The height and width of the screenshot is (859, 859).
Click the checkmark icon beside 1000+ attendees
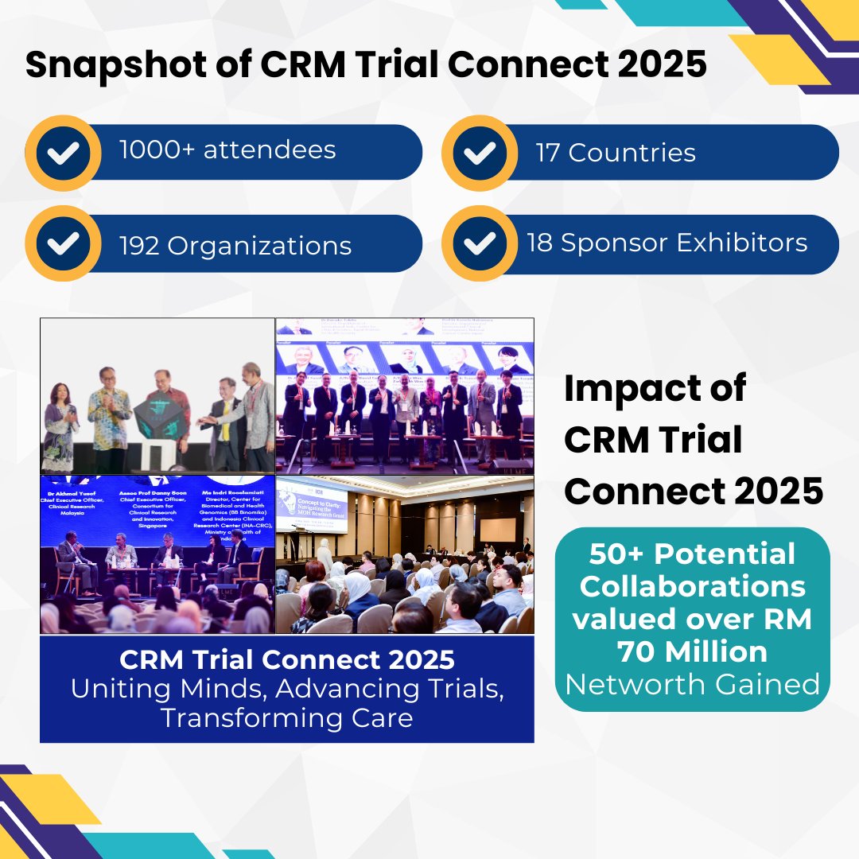pyautogui.click(x=63, y=153)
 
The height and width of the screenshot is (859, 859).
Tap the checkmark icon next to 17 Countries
pyautogui.click(x=480, y=153)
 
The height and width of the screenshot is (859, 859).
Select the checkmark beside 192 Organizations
pyautogui.click(x=63, y=243)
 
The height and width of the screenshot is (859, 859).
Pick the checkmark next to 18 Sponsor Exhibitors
pyautogui.click(x=480, y=243)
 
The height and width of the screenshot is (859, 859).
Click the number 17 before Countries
pyautogui.click(x=549, y=153)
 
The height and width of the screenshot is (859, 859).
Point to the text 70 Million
pyautogui.click(x=692, y=651)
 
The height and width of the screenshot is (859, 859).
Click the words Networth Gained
pyautogui.click(x=692, y=683)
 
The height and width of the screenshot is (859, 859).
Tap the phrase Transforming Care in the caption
pyautogui.click(x=286, y=717)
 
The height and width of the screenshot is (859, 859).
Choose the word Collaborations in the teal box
pyautogui.click(x=692, y=586)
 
